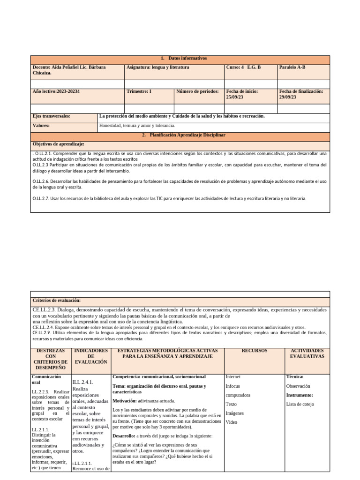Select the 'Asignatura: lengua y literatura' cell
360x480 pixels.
pyautogui.click(x=157, y=67)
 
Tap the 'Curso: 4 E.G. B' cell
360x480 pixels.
pyautogui.click(x=243, y=67)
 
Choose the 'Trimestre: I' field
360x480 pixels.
pyautogui.click(x=139, y=91)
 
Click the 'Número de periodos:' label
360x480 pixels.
pyautogui.click(x=197, y=91)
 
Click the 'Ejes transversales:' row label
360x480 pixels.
pyautogui.click(x=52, y=116)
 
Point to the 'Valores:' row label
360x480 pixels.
pyautogui.click(x=41, y=126)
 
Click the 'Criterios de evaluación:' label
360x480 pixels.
pyautogui.click(x=57, y=300)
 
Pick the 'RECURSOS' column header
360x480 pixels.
pyautogui.click(x=255, y=350)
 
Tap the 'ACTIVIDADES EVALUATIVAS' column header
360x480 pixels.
pyautogui.click(x=307, y=353)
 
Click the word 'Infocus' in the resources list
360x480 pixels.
pyautogui.click(x=233, y=386)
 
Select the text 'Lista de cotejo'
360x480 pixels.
pyautogui.click(x=300, y=404)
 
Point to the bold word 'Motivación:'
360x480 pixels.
pyautogui.click(x=124, y=401)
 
